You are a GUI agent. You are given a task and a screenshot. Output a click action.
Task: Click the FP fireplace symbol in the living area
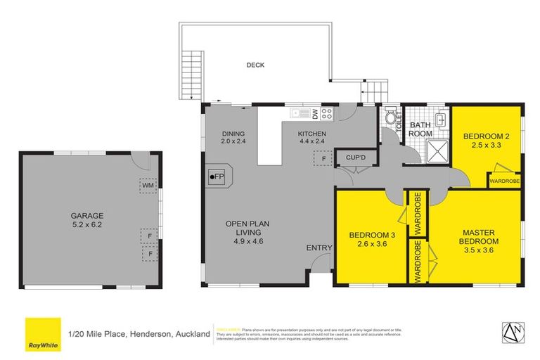coord(217,176)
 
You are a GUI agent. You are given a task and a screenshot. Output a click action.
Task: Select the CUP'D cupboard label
coord(349,158)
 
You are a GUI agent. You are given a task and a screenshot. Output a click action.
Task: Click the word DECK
coord(255,65)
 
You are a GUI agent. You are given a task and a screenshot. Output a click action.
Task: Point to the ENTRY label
coord(318,247)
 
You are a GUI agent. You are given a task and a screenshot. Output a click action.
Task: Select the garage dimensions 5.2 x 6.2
coord(86,225)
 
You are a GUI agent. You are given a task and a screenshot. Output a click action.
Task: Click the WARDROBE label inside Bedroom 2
coord(505,181)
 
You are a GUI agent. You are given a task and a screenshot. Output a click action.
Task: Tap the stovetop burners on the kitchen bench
coord(327,112)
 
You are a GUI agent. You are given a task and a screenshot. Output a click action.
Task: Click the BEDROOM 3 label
coord(371,235)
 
